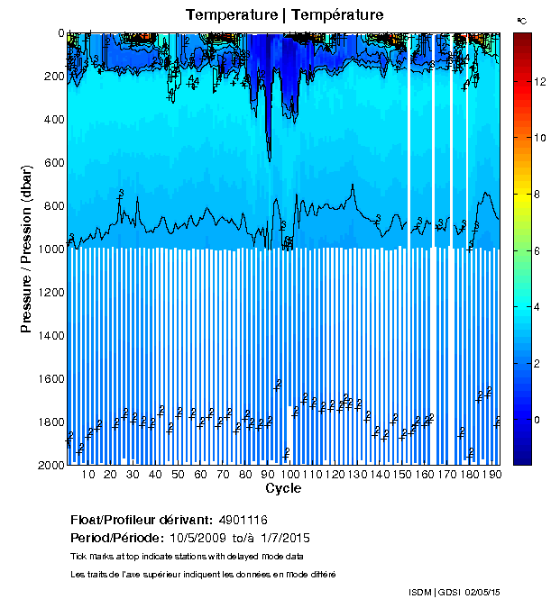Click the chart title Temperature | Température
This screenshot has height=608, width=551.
(x=284, y=15)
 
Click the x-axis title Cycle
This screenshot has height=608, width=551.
(x=283, y=488)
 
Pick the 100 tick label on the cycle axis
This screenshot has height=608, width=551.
(x=289, y=474)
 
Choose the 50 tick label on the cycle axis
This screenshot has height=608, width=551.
(x=178, y=474)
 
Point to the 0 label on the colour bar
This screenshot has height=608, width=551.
(x=537, y=420)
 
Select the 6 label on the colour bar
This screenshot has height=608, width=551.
(x=537, y=251)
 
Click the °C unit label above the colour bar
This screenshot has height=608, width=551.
(x=521, y=19)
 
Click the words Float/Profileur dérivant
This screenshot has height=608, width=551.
(x=139, y=520)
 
